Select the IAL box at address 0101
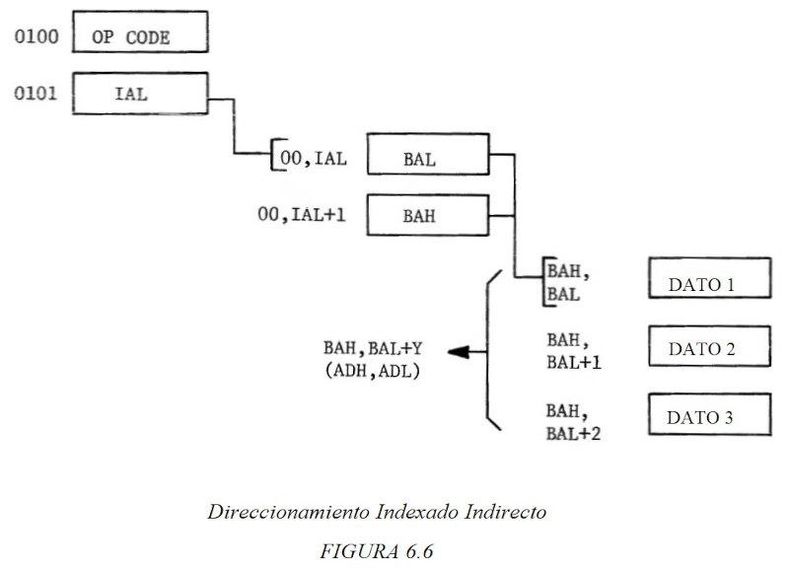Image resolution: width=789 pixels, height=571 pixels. tap(139, 95)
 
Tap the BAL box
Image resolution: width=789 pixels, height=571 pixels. tap(426, 155)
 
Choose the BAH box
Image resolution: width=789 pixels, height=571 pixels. tap(426, 216)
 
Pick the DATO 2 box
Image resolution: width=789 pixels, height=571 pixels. tap(707, 348)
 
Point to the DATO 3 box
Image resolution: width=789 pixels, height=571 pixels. tap(707, 416)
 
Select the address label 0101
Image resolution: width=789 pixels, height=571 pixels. tap(34, 95)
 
